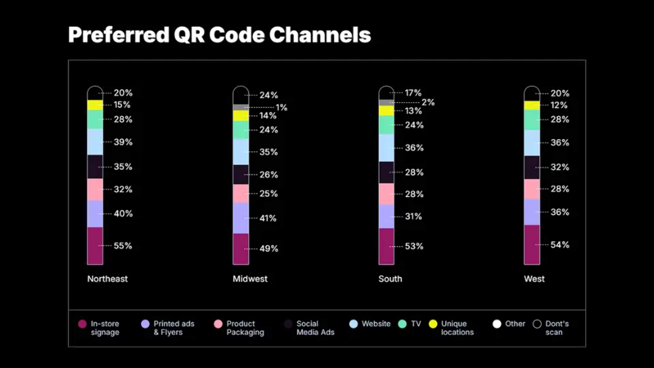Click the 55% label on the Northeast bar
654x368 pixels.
123,246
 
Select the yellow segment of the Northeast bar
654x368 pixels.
95,105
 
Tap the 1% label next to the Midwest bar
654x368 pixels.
281,108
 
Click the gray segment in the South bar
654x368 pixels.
386,102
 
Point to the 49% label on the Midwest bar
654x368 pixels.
269,248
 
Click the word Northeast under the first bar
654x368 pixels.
107,279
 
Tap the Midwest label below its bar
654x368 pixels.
250,279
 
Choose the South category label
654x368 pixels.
390,279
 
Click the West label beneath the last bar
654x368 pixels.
534,279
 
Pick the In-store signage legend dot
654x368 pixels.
82,324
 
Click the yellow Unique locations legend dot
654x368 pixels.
433,324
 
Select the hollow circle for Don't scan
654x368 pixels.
537,324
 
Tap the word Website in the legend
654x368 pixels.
376,324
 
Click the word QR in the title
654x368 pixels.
189,35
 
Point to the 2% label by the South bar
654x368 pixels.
428,102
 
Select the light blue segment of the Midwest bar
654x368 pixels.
241,152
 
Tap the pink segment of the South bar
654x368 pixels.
386,194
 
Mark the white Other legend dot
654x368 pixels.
497,324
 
